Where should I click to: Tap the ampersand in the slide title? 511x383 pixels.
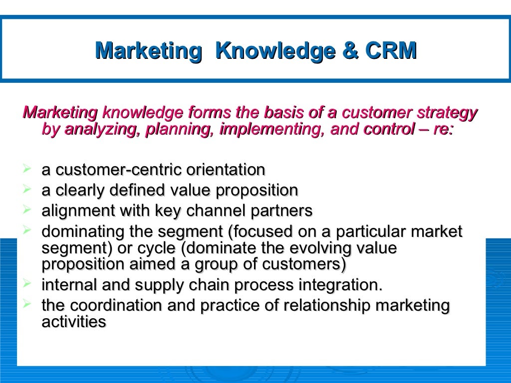[x=348, y=50]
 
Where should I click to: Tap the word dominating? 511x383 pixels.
[x=83, y=231]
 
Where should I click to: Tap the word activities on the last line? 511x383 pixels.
[x=74, y=322]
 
